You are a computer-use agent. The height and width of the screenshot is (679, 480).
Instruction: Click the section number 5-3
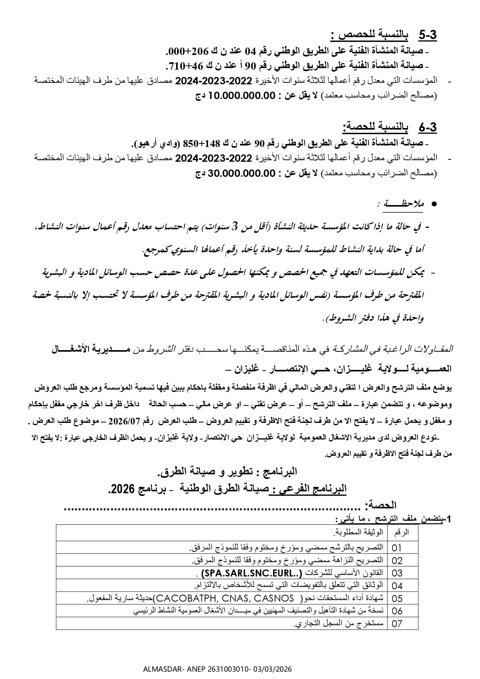(427, 35)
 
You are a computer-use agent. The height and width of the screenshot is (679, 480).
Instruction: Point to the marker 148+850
(205, 144)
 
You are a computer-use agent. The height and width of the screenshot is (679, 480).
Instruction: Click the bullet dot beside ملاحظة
(433, 204)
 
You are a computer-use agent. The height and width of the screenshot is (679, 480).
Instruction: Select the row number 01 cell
(397, 548)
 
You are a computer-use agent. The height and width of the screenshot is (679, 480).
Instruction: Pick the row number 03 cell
(397, 573)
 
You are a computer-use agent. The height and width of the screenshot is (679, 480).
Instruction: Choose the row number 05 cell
(397, 599)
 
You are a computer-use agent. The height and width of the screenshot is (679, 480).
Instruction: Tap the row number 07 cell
(397, 624)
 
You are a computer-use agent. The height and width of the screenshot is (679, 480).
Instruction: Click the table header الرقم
(401, 533)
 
